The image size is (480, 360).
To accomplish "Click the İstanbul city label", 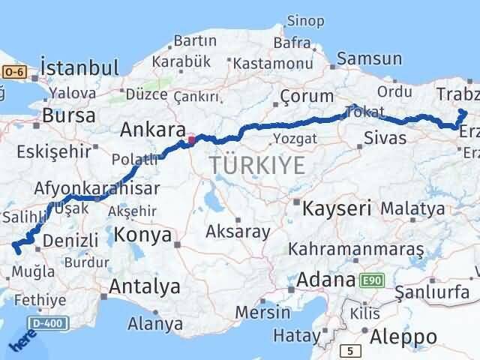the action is click(x=79, y=67).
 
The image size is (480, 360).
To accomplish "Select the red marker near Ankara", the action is click(x=191, y=139).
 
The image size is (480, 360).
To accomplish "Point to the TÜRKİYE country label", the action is click(x=257, y=164).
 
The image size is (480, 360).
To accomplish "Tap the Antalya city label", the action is click(x=145, y=286).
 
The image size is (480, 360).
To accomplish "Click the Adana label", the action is click(x=325, y=280).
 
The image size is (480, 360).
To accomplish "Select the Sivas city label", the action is click(x=385, y=137).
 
